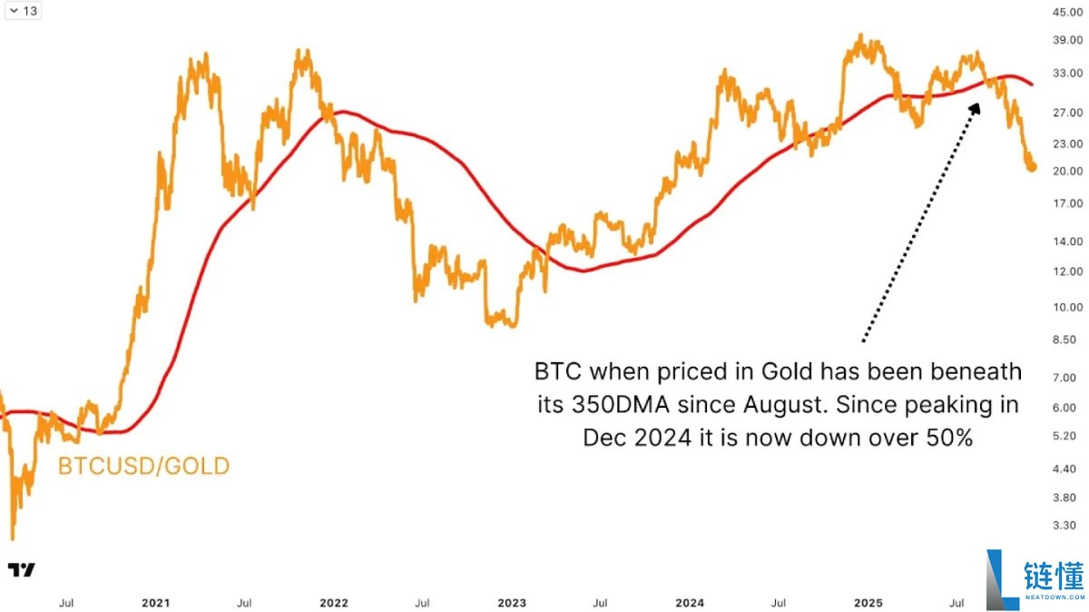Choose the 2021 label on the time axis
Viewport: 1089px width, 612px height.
(x=155, y=602)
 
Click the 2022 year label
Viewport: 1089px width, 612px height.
(x=333, y=602)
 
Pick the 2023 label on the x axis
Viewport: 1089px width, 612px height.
(x=511, y=602)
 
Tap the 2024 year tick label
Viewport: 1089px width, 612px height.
(x=690, y=602)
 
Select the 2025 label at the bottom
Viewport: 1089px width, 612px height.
(x=868, y=602)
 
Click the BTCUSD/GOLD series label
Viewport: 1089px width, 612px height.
(x=143, y=467)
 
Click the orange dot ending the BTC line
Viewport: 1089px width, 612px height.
(x=1032, y=166)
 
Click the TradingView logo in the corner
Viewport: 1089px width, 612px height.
(x=22, y=570)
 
